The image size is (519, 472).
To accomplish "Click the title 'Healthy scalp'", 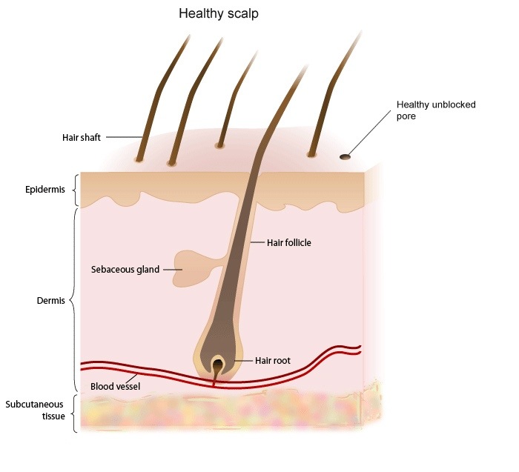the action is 219,13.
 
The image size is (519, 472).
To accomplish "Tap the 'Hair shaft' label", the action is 82,138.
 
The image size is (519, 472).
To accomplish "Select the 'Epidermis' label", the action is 45,190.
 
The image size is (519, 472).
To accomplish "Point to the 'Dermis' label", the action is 50,301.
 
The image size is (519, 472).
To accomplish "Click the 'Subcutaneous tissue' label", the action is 34,410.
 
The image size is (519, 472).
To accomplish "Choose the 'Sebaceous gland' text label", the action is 125,270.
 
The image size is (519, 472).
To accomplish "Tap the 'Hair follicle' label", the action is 289,243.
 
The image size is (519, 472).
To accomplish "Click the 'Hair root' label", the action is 273,361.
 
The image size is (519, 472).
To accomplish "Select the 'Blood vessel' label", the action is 115,386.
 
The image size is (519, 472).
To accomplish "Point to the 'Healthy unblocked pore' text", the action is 436,110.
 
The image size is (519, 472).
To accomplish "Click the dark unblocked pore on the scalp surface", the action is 345,157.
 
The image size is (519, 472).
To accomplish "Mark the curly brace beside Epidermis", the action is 76,190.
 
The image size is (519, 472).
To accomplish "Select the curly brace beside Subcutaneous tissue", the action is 75,413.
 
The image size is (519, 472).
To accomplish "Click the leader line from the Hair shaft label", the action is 124,137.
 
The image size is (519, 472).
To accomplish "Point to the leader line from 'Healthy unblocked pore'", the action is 369,133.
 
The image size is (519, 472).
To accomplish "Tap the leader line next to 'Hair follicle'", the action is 257,242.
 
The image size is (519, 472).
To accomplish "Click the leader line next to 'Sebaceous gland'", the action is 173,270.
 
